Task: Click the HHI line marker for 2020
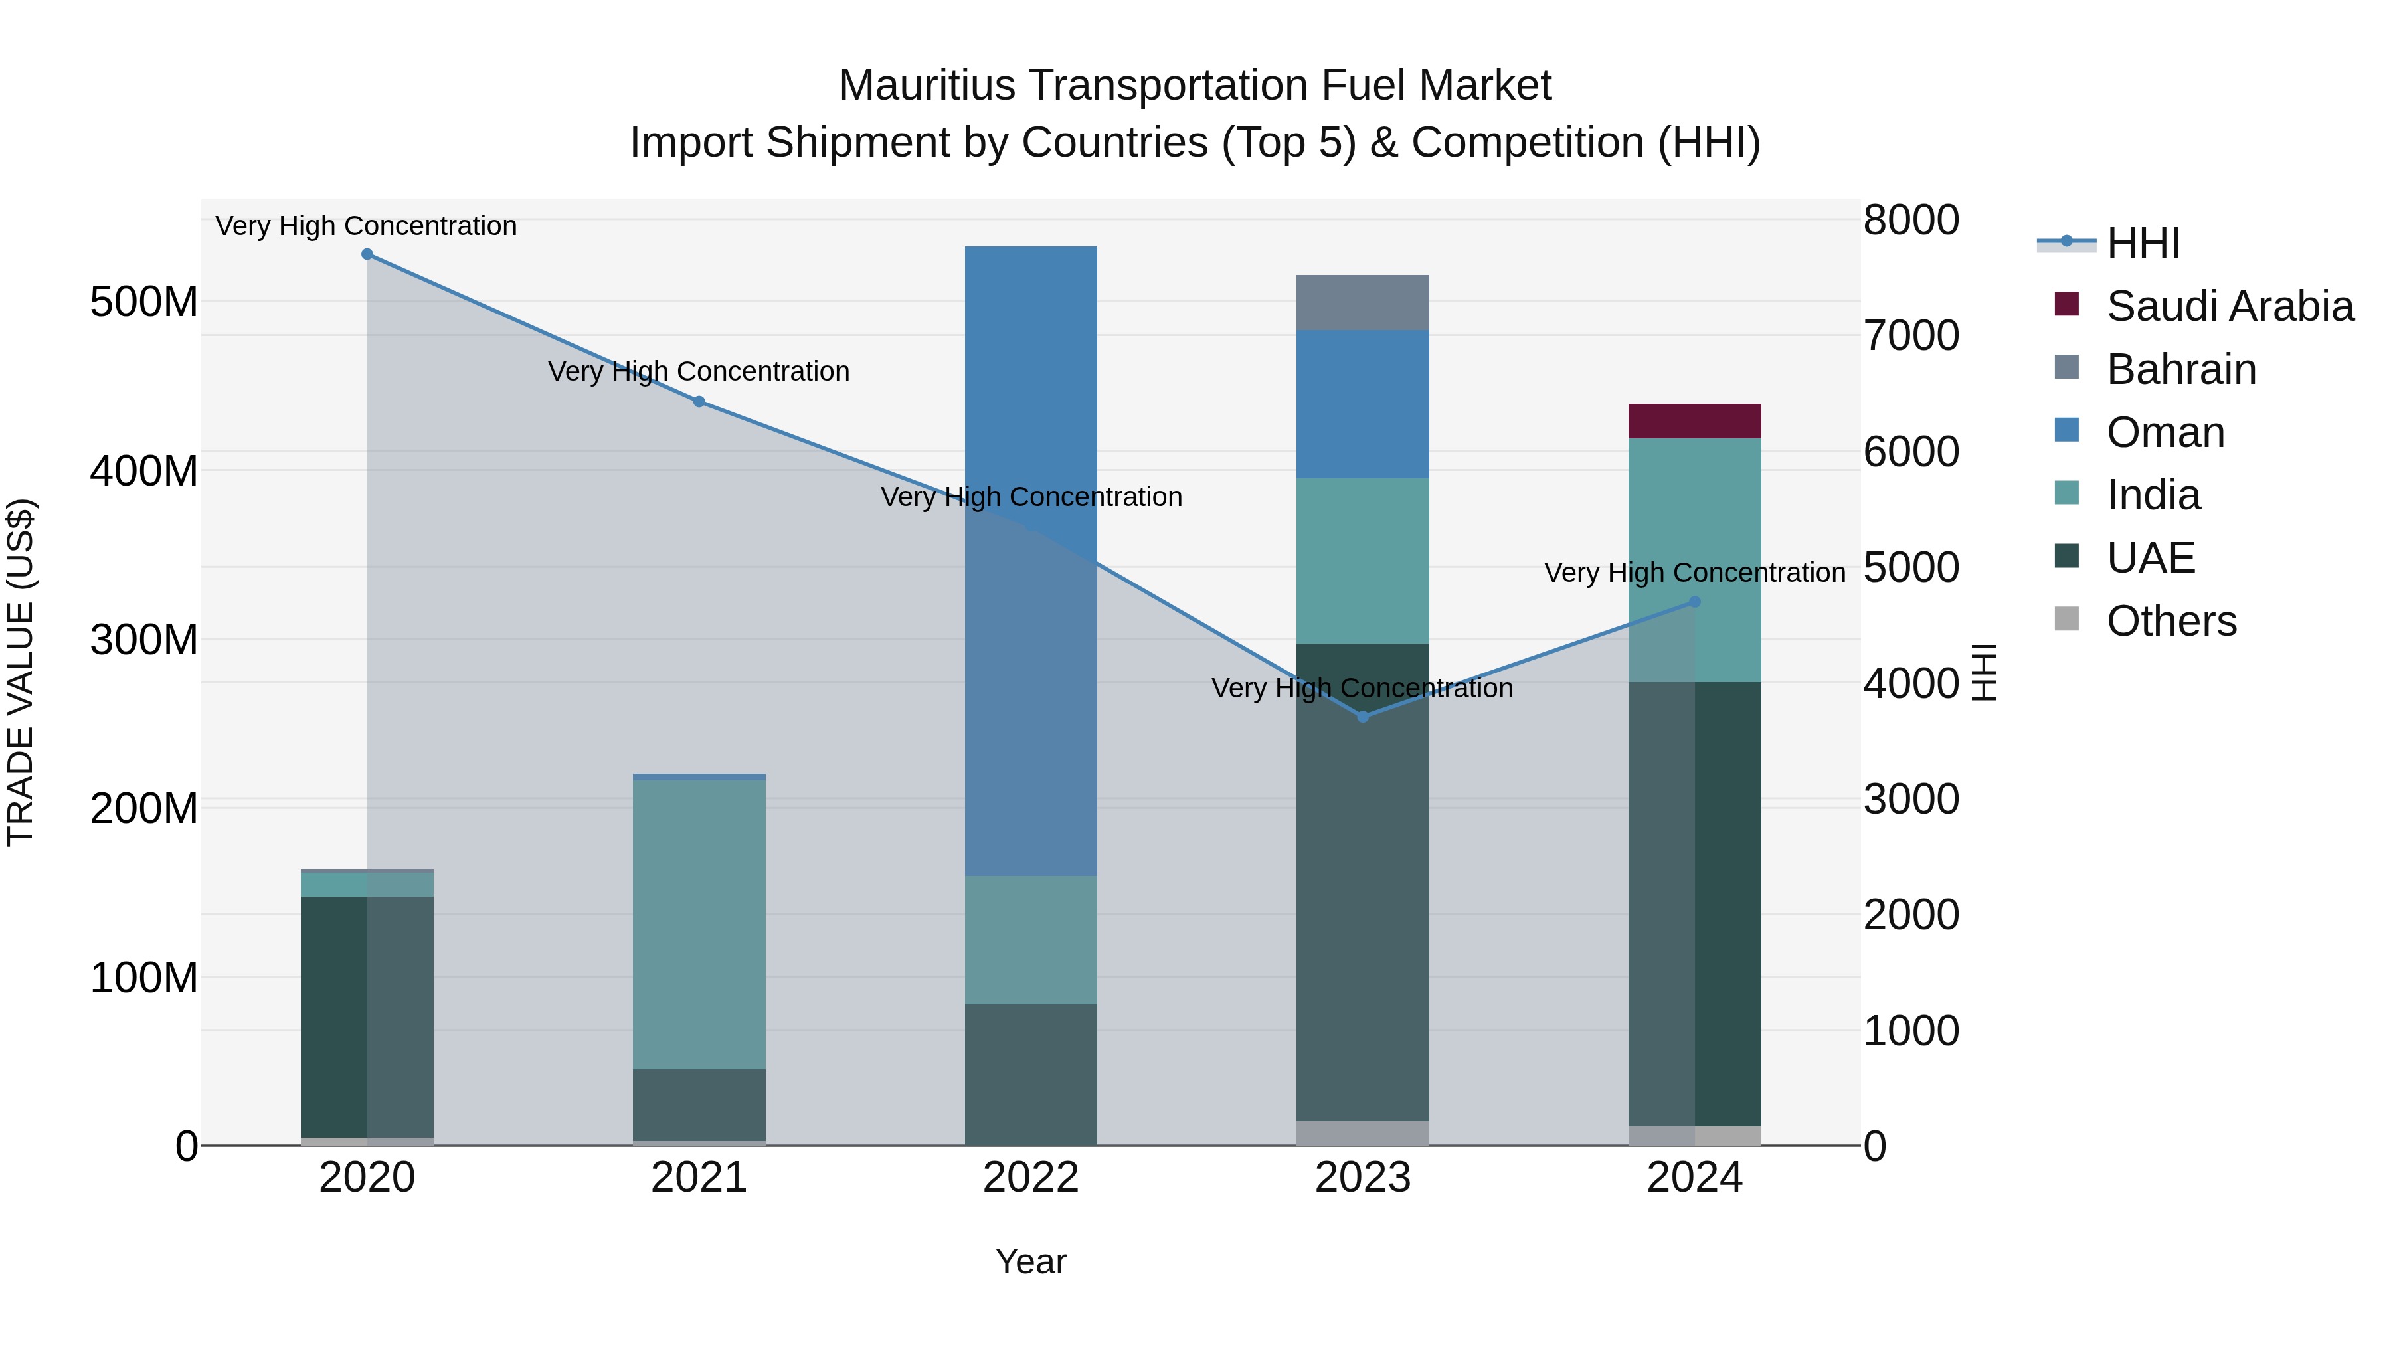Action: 367,254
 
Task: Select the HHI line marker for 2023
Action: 1363,717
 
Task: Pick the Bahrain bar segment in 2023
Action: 1363,303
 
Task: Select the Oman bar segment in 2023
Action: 1363,404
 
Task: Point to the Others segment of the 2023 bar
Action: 1363,1132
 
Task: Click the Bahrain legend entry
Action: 2180,369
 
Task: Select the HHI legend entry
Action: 2142,243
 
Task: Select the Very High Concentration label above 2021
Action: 699,371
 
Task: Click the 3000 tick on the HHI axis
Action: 1911,798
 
